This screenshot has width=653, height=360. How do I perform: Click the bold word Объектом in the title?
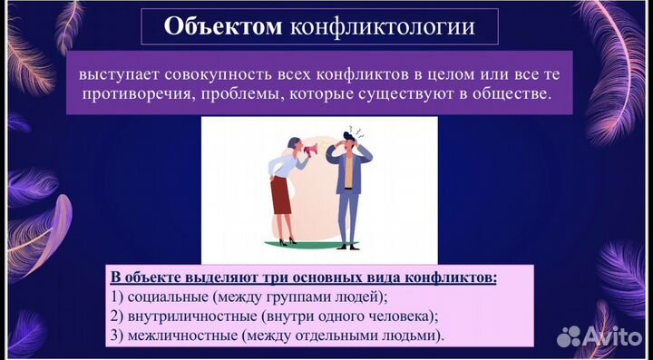point(222,26)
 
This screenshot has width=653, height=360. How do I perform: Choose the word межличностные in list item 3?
point(181,336)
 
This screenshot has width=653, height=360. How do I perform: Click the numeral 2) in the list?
point(116,316)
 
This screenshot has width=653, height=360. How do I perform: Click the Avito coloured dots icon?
point(569,336)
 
